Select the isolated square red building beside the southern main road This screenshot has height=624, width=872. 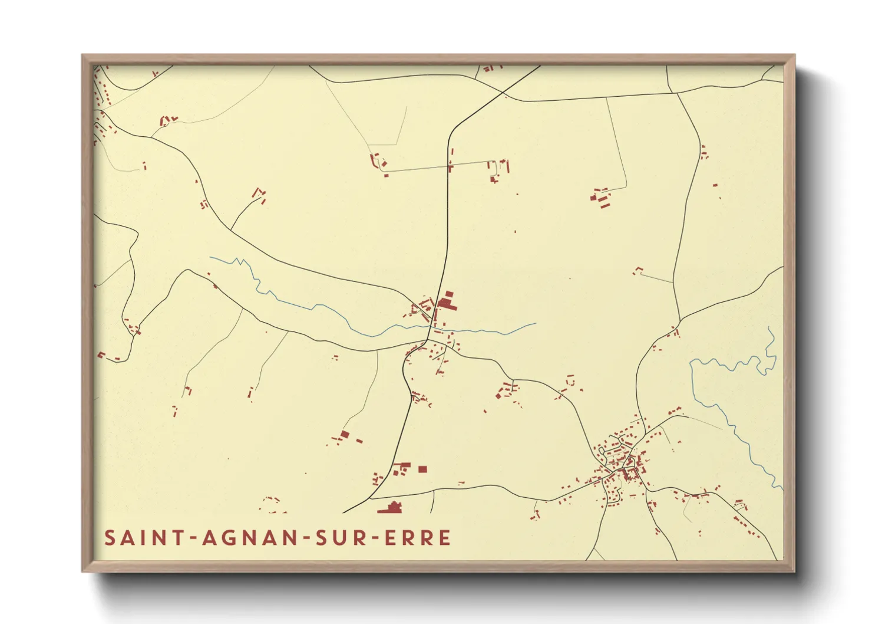[x=422, y=469]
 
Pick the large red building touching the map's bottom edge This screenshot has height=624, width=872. [x=391, y=507]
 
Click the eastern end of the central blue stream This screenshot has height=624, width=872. [x=536, y=323]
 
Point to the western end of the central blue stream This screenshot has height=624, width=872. [x=210, y=257]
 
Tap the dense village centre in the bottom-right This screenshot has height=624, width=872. [x=625, y=466]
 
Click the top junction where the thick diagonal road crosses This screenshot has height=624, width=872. [x=504, y=93]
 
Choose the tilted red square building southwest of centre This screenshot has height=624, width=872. [x=345, y=435]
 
